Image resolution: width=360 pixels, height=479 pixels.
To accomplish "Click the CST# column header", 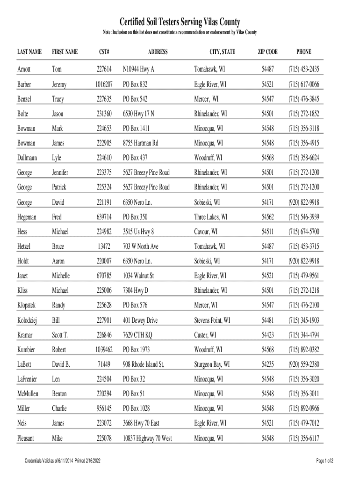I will click(104, 51).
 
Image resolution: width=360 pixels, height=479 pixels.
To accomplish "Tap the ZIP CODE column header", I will click(267, 51).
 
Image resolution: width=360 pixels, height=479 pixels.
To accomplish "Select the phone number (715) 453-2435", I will click(303, 69).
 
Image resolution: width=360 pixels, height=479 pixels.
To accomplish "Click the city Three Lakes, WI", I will click(211, 217).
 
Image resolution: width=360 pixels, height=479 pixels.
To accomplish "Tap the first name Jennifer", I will click(60, 172).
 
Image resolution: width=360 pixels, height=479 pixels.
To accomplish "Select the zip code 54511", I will click(267, 231).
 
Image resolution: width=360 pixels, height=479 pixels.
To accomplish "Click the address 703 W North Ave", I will click(140, 246).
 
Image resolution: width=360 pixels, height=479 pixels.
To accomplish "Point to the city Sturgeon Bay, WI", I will click(212, 364).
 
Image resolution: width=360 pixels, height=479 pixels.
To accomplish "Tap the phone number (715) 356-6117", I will click(303, 438).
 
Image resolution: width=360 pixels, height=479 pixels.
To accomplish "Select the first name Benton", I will click(59, 393).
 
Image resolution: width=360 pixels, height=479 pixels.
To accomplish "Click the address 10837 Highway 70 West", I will click(147, 438).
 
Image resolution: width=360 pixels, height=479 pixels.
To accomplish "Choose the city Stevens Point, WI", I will click(212, 320).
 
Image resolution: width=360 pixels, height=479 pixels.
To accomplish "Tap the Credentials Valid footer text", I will click(64, 461).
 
